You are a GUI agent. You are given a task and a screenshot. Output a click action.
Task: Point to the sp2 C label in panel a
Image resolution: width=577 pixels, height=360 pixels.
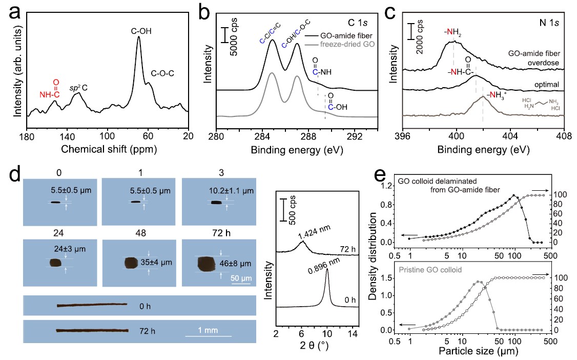[77, 87]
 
